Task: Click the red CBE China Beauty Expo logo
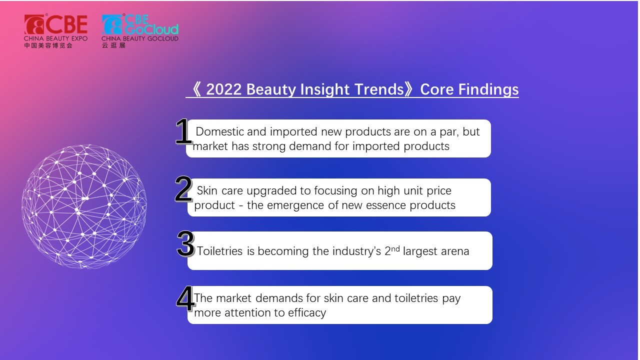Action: [x=55, y=31]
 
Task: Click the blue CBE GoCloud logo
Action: [x=140, y=31]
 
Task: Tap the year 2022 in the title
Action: [x=223, y=89]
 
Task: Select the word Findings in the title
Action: [x=488, y=90]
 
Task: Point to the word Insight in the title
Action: [x=325, y=90]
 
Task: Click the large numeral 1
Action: [x=183, y=131]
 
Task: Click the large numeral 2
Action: [x=183, y=189]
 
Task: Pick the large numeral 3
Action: [x=185, y=243]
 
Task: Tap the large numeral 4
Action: [x=185, y=298]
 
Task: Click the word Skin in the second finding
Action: [x=207, y=190]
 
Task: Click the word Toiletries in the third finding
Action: [x=220, y=251]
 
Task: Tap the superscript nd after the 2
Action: [x=395, y=249]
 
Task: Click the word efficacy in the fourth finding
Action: [x=307, y=313]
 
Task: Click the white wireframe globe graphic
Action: [x=84, y=206]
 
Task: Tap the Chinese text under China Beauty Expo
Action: [x=48, y=45]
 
